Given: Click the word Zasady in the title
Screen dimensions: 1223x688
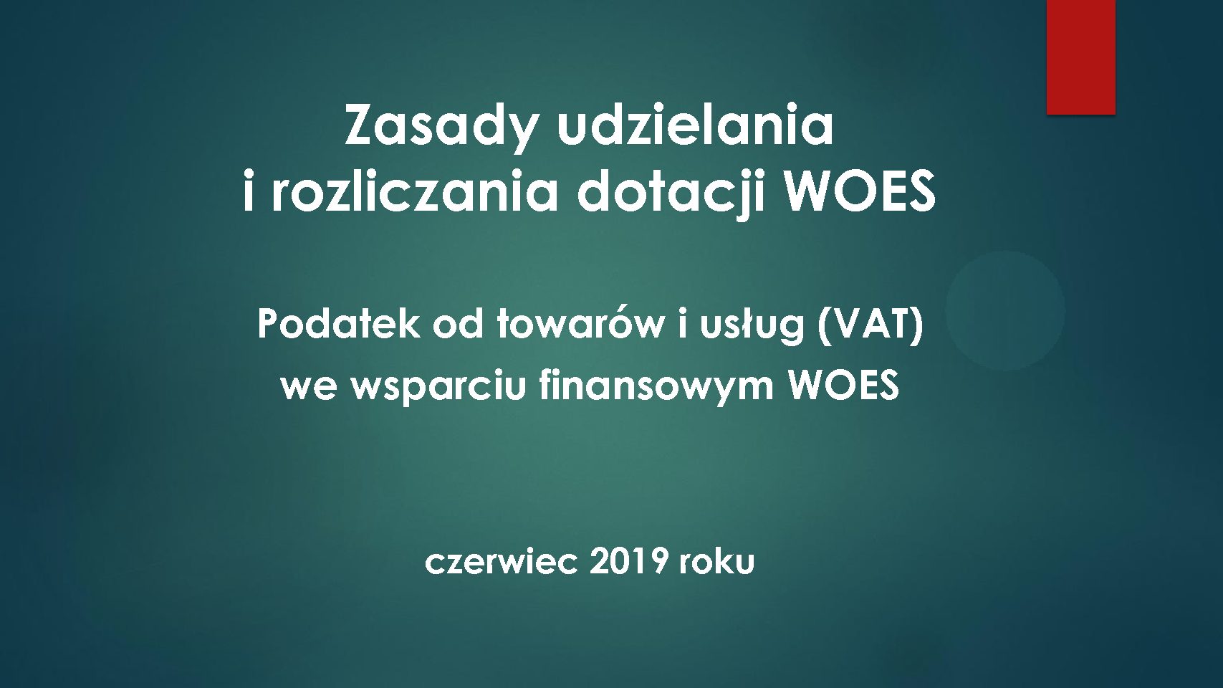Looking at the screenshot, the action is [x=438, y=128].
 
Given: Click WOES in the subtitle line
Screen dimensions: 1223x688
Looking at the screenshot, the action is [x=843, y=385].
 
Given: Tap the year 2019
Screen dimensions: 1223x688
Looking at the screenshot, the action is [x=628, y=562].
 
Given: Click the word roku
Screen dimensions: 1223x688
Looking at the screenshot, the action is [x=717, y=562].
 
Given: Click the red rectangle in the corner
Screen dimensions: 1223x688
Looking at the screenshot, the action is [x=1081, y=57].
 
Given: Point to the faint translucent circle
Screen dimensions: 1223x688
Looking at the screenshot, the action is [x=1005, y=311].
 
